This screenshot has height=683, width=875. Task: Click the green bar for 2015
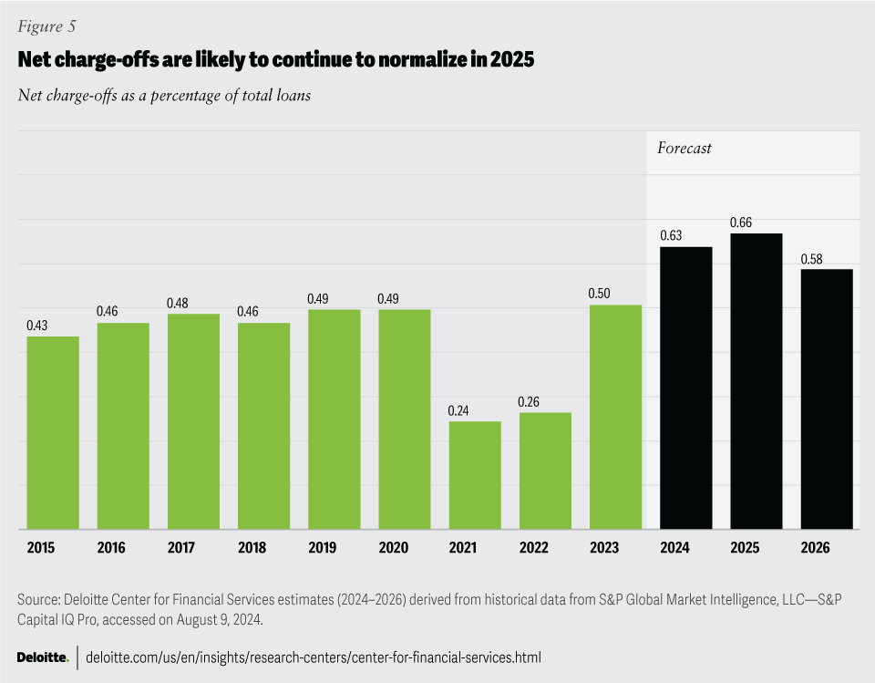pos(53,432)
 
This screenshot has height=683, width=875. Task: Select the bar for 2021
pos(475,474)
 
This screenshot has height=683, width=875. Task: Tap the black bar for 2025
pos(757,381)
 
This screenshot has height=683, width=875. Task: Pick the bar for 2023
pos(616,417)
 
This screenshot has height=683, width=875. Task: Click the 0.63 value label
pos(673,236)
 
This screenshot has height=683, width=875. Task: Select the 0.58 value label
pos(813,259)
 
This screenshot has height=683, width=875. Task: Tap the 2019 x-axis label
pos(322,548)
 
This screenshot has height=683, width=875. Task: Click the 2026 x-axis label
pos(815,548)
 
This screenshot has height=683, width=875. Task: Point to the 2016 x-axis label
pos(110,548)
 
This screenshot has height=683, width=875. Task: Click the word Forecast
pos(685,148)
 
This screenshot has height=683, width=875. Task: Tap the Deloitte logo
pos(43,657)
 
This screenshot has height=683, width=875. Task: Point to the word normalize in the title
pos(385,60)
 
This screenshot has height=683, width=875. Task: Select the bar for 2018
pos(264,426)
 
